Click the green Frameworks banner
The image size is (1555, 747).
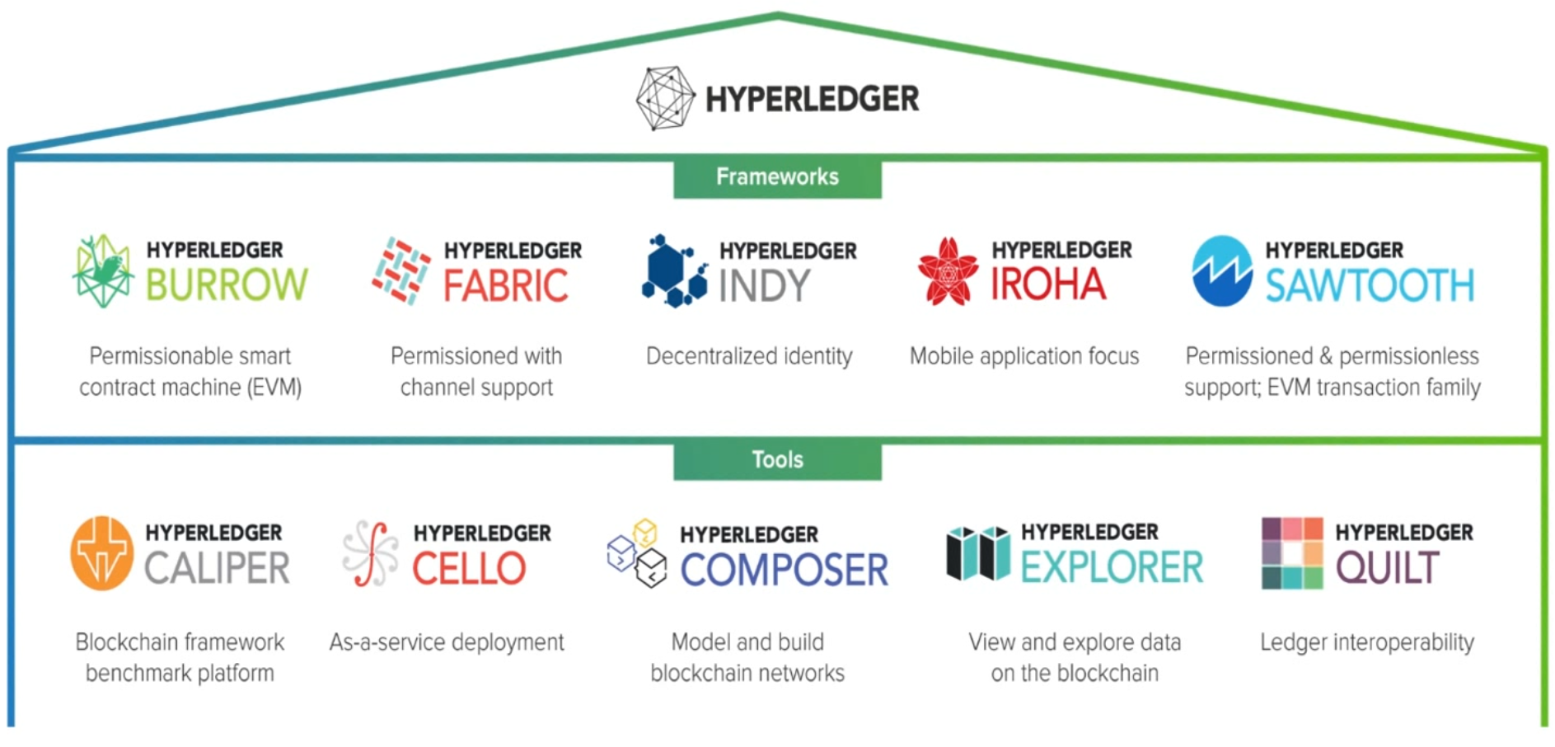(777, 178)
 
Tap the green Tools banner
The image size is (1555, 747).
(777, 460)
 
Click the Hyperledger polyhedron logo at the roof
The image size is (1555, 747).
(665, 98)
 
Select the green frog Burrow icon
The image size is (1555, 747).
(103, 270)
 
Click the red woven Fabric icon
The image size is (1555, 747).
(401, 270)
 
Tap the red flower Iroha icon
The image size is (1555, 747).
(948, 271)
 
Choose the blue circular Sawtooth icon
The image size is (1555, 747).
(1222, 271)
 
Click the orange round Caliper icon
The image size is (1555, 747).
(102, 553)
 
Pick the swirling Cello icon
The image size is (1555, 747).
(370, 553)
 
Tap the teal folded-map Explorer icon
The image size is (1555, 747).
(978, 553)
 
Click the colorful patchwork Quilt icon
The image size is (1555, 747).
(1292, 553)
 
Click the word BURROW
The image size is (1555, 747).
(227, 285)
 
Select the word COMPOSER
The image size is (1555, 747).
(784, 570)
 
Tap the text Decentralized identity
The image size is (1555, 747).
(749, 356)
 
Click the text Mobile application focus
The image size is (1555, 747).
(1024, 356)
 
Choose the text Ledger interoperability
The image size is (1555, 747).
(1367, 642)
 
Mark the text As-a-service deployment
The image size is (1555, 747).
(447, 642)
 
